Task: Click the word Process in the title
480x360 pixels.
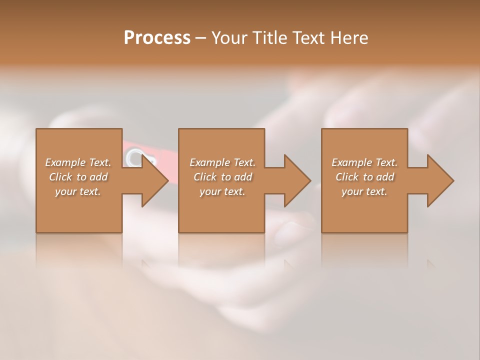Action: [x=157, y=38]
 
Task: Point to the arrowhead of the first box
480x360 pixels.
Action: [x=152, y=180]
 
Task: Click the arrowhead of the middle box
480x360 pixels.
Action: [x=294, y=180]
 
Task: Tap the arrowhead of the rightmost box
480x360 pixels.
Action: [x=438, y=180]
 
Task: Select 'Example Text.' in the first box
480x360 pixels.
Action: [x=78, y=162]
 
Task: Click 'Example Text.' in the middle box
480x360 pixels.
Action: [x=222, y=162]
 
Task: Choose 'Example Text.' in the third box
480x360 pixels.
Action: [x=364, y=162]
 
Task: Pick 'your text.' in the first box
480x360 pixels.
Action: [x=78, y=191]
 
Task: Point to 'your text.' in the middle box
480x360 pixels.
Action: [x=222, y=191]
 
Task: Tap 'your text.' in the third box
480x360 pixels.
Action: [x=364, y=191]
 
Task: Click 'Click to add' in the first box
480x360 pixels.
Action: [x=78, y=177]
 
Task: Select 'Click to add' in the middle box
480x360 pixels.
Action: [x=222, y=177]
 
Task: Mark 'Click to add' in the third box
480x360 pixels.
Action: [x=364, y=177]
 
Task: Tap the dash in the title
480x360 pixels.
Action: [x=200, y=38]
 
